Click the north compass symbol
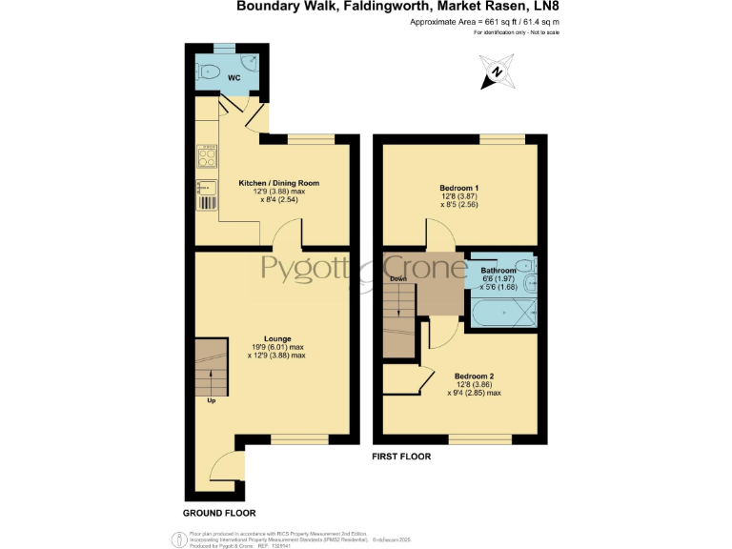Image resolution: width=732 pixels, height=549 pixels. click(x=497, y=72)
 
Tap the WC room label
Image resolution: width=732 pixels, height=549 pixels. click(x=234, y=77)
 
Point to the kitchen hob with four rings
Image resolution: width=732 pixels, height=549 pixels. click(x=207, y=154)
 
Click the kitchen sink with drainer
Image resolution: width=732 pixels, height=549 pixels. click(x=207, y=193)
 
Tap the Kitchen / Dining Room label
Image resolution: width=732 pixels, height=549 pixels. click(x=278, y=183)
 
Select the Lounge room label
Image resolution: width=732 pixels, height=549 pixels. click(x=277, y=338)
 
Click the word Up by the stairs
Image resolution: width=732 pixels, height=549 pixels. click(x=211, y=401)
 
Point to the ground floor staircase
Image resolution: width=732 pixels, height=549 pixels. click(x=212, y=367)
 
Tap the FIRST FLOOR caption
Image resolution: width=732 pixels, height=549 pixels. click(x=401, y=457)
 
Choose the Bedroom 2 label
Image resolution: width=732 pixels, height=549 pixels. click(x=474, y=376)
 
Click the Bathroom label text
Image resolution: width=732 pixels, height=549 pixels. click(x=498, y=271)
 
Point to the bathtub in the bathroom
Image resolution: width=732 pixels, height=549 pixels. click(x=501, y=310)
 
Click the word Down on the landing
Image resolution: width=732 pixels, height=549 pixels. click(x=396, y=278)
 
